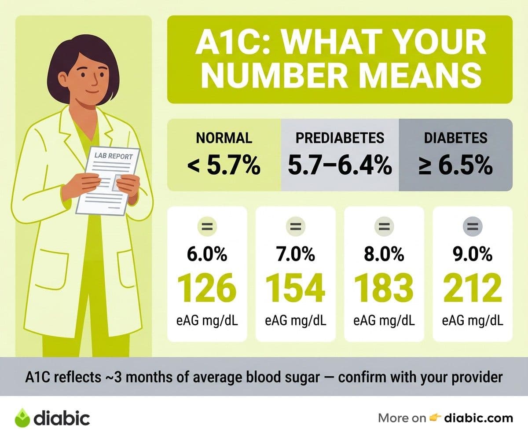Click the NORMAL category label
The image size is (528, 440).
(x=224, y=138)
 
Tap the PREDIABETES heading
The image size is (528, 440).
(x=340, y=138)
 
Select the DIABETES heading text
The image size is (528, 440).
(x=456, y=138)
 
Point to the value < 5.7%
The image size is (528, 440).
(x=224, y=165)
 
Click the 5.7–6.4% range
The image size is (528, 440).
(x=340, y=165)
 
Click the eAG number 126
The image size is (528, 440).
(x=207, y=288)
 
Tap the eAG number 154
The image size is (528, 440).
(x=295, y=288)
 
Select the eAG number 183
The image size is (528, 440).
(x=384, y=288)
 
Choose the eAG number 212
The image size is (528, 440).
(x=473, y=288)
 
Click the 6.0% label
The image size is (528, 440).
(x=207, y=254)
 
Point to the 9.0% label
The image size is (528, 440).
(x=473, y=254)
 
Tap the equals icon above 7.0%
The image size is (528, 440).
(x=295, y=226)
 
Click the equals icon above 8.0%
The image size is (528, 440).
(x=384, y=226)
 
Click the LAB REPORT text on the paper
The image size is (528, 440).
(x=114, y=156)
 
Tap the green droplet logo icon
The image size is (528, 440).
(x=22, y=418)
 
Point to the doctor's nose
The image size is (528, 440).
(x=95, y=81)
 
